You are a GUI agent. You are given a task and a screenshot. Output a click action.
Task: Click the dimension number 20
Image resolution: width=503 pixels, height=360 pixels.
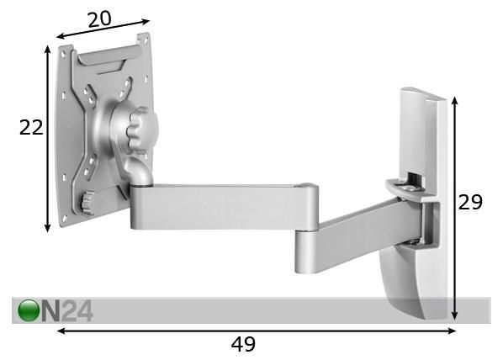[99, 19]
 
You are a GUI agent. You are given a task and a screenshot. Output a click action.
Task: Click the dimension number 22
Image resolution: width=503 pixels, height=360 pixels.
[31, 127]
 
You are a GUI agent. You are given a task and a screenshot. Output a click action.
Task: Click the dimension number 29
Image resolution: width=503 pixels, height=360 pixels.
[470, 202]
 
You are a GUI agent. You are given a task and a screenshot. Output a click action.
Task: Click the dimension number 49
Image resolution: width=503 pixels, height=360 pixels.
[243, 344]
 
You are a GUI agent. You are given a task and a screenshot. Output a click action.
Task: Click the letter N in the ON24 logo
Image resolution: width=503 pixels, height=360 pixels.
[50, 310]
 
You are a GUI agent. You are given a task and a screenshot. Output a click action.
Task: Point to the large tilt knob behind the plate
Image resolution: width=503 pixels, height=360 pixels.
[141, 130]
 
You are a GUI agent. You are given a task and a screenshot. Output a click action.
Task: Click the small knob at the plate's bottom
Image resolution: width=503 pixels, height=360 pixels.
[87, 203]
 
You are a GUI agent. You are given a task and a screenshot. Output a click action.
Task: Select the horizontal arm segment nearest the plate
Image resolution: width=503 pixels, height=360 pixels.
[224, 207]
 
